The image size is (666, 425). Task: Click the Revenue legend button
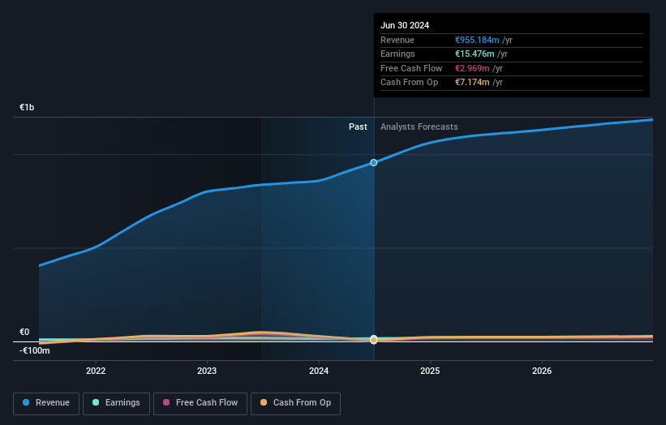46,403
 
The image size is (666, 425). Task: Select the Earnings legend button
115,403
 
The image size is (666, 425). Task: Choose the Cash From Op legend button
296,403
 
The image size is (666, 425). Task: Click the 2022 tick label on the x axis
96,371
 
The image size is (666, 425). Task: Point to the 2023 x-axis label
207,371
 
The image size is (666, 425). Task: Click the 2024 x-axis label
319,371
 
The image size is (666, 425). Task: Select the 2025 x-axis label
430,371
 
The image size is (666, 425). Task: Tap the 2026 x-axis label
542,371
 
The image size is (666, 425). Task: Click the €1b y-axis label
28,107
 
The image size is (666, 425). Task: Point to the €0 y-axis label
24,332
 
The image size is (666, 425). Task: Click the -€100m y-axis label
34,350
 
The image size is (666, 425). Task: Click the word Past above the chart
358,127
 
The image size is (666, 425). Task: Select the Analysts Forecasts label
419,127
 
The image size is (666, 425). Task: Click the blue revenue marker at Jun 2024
374,162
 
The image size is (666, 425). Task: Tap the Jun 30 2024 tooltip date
405,25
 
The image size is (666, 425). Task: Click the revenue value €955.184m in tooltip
477,41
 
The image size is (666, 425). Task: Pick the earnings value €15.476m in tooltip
475,54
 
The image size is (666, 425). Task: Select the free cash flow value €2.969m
471,68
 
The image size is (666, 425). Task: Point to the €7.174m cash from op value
471,83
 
